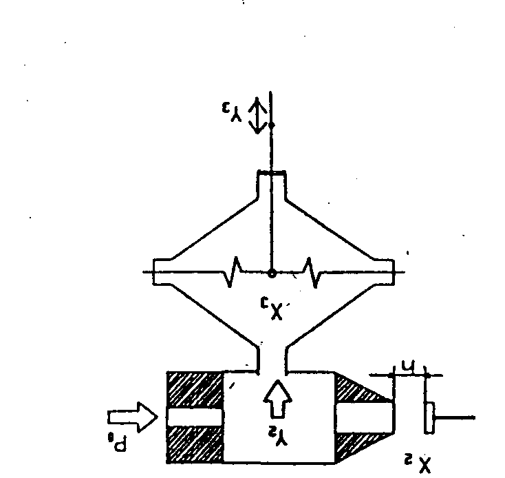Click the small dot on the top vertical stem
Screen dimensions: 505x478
point(271,125)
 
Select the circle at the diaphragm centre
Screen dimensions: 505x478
point(272,273)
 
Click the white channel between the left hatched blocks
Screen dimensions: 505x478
point(195,417)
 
